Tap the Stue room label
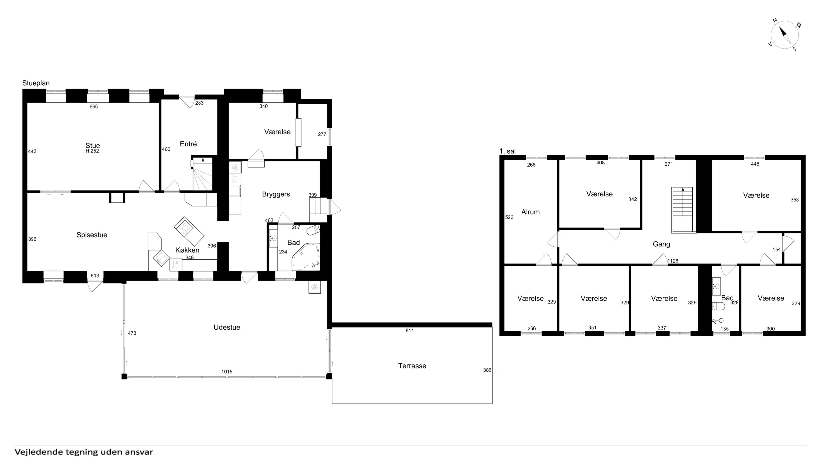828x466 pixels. tap(93, 145)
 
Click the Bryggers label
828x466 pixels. tap(276, 194)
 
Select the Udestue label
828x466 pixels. tap(227, 327)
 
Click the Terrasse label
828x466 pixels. tap(412, 366)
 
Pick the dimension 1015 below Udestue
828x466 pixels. tap(227, 372)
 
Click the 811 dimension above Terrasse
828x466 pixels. tap(409, 331)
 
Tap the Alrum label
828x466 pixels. tap(530, 212)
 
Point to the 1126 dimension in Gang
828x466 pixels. tap(673, 261)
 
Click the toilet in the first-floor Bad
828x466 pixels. tap(718, 306)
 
